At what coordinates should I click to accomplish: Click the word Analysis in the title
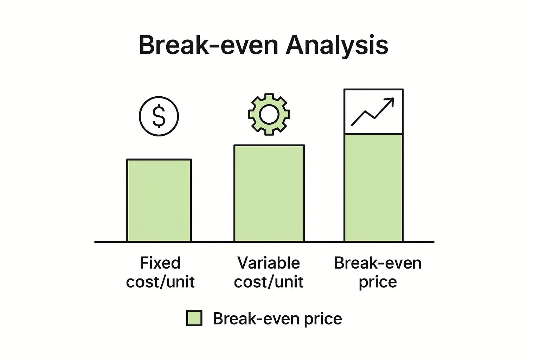tap(337, 46)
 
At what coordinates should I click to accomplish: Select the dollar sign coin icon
tap(159, 116)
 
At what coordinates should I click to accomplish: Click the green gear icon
tap(269, 114)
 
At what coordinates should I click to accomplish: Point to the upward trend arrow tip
tap(393, 98)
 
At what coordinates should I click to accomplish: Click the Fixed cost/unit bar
tap(159, 200)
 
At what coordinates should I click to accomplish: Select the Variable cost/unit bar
tap(269, 193)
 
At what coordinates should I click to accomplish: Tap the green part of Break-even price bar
tap(374, 188)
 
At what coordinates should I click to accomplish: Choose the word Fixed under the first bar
tap(160, 263)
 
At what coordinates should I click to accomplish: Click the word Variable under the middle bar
tap(269, 263)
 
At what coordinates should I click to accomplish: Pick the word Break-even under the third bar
tap(378, 263)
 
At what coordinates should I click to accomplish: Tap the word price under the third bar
tap(378, 282)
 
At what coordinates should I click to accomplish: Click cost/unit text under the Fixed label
tap(160, 282)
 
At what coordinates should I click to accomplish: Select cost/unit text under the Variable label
tap(269, 282)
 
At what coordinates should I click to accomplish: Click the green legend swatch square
tap(194, 318)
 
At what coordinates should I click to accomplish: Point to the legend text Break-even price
tap(277, 319)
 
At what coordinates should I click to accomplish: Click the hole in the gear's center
tap(269, 115)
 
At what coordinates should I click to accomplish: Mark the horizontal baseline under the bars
tap(264, 242)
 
